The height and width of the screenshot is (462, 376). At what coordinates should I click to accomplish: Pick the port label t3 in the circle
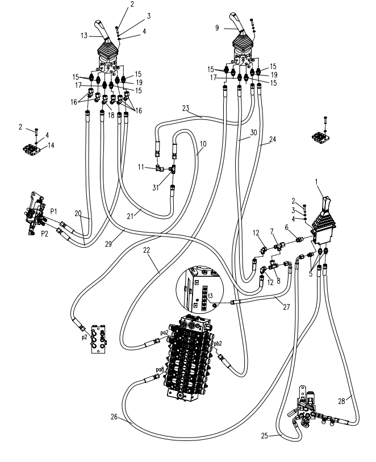pyautogui.click(x=210, y=296)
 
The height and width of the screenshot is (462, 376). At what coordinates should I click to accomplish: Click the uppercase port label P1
pyautogui.click(x=53, y=211)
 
